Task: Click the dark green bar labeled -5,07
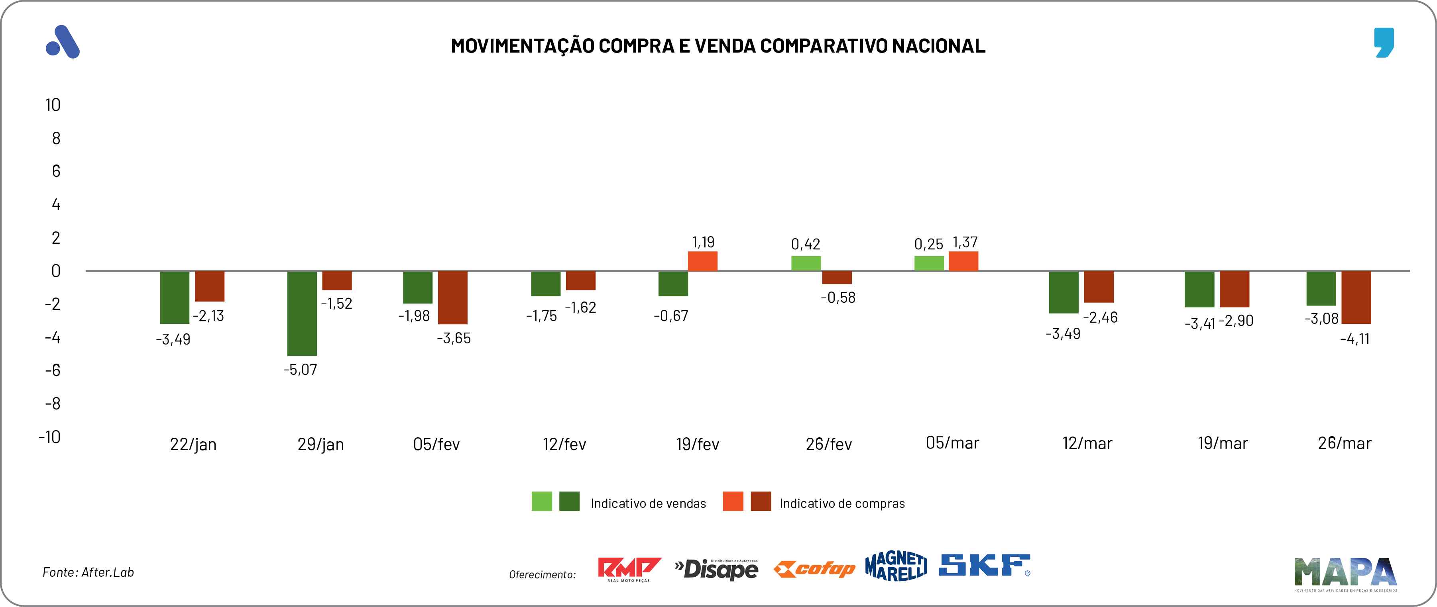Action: pyautogui.click(x=302, y=313)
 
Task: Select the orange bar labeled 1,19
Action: pyautogui.click(x=702, y=261)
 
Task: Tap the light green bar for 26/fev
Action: pyautogui.click(x=806, y=264)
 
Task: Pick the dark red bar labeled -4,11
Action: pyautogui.click(x=1356, y=297)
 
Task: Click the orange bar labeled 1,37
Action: pyautogui.click(x=963, y=261)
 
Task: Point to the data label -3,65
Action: pyautogui.click(x=454, y=338)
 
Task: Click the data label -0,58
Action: pyautogui.click(x=838, y=298)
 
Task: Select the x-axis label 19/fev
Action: pyautogui.click(x=697, y=444)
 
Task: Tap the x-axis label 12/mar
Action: pyautogui.click(x=1087, y=444)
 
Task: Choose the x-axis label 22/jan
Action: pyautogui.click(x=193, y=444)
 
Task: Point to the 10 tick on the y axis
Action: pyautogui.click(x=53, y=105)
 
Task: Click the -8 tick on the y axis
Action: pyautogui.click(x=53, y=403)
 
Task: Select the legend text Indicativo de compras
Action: pyautogui.click(x=842, y=504)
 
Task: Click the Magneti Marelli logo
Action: pyautogui.click(x=896, y=566)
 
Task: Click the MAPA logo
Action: pyautogui.click(x=1345, y=573)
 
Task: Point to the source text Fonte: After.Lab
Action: pyautogui.click(x=88, y=572)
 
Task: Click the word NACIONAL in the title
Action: pyautogui.click(x=938, y=46)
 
